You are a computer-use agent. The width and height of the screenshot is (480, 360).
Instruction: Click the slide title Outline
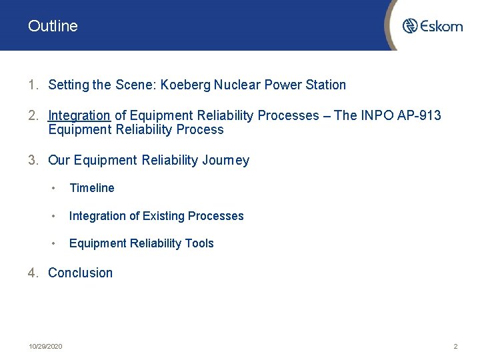(53, 26)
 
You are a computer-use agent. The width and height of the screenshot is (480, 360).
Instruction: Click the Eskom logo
(432, 26)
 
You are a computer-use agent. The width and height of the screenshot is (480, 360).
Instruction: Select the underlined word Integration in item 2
(79, 116)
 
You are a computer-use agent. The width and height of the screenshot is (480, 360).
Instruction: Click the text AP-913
(417, 116)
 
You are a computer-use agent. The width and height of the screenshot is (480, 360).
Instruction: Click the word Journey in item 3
(225, 161)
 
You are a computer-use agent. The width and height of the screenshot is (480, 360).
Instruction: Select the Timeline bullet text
(92, 189)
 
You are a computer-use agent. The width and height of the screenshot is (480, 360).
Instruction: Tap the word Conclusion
(81, 273)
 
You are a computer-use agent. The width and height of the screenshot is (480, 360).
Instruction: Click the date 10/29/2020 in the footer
(45, 347)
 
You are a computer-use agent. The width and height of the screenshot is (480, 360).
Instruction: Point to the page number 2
(455, 347)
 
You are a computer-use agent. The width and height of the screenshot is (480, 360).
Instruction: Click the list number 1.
(32, 85)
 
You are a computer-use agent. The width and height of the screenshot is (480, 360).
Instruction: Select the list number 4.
(32, 273)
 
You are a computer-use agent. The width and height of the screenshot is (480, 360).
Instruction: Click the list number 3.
(32, 161)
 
